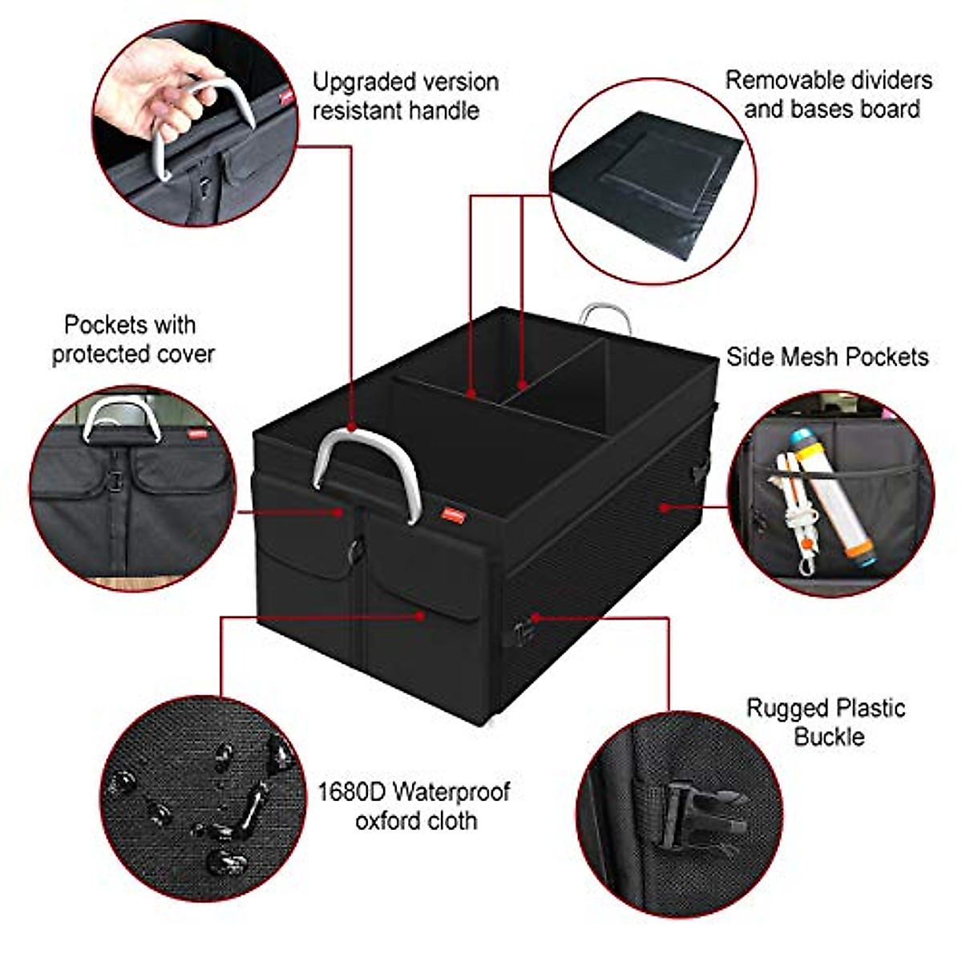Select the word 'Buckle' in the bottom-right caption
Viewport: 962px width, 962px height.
coord(829,736)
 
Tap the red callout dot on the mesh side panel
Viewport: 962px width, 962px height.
coord(664,507)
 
